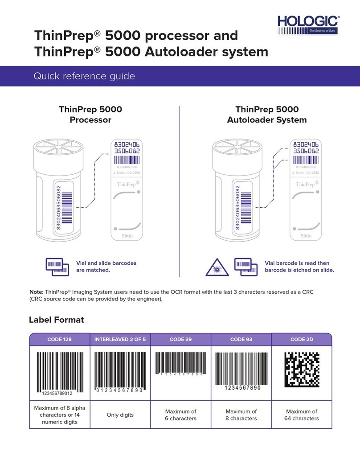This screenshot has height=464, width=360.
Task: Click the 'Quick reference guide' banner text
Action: (x=84, y=77)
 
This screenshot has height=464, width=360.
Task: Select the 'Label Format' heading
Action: (x=57, y=320)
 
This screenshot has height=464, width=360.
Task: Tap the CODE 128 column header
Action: (x=60, y=340)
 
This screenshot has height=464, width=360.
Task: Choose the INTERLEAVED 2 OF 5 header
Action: (x=120, y=340)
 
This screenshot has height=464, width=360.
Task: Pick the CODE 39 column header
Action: (x=180, y=340)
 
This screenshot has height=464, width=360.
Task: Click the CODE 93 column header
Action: (x=241, y=340)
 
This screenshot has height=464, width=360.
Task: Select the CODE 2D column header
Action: (x=302, y=340)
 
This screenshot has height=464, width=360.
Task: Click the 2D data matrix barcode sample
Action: (x=302, y=369)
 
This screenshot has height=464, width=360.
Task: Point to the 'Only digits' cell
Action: (x=120, y=415)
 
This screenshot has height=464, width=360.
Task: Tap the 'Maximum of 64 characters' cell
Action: (x=302, y=415)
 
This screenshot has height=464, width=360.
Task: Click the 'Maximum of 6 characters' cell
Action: (x=180, y=415)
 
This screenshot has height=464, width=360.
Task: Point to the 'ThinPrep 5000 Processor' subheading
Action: (x=90, y=115)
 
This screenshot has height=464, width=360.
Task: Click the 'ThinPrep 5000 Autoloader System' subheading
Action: (x=267, y=115)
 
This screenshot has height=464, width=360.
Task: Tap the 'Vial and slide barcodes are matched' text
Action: (x=106, y=267)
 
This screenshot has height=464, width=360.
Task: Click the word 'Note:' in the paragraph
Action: (x=38, y=292)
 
